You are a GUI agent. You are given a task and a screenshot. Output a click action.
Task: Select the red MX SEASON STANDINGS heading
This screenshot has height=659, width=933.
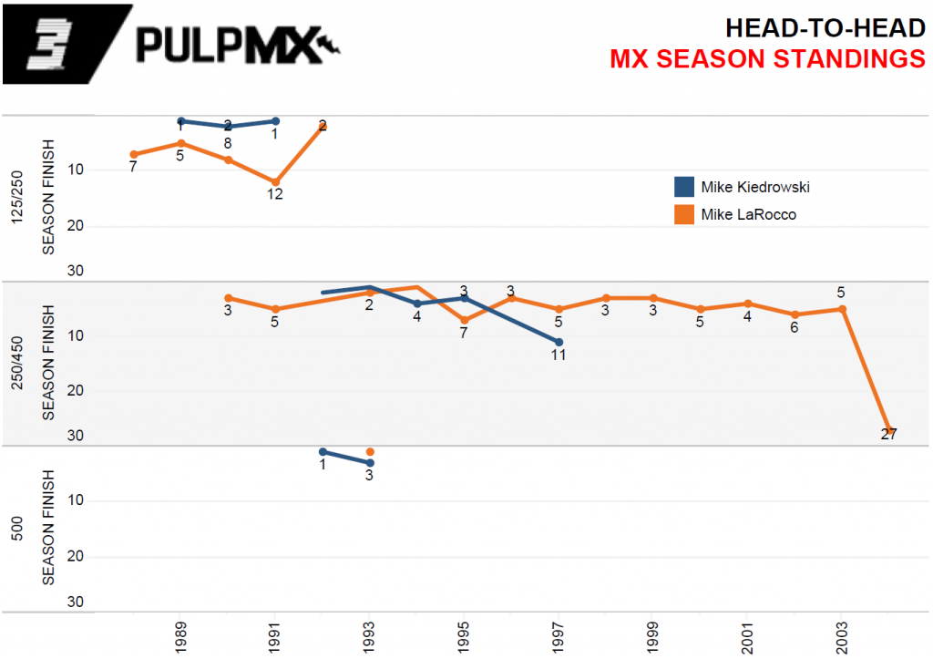tap(767, 59)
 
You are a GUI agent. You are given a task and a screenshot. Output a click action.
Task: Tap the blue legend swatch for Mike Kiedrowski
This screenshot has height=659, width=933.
tap(684, 187)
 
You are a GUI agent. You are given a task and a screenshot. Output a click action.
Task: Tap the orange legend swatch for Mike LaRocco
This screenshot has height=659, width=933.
tap(684, 214)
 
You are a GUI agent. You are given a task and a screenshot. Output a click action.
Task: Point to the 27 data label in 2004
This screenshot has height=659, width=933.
tap(889, 434)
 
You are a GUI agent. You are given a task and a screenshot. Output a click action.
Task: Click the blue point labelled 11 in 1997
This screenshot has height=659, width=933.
tap(559, 342)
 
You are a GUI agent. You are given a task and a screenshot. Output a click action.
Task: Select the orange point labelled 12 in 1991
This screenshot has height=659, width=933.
tap(275, 181)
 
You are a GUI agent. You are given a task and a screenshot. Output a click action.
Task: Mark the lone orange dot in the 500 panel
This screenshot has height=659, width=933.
tap(370, 451)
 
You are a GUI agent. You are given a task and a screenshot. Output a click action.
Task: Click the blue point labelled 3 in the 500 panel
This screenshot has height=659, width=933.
tap(370, 463)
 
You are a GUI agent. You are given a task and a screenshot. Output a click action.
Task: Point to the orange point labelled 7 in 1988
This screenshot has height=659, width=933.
tap(133, 154)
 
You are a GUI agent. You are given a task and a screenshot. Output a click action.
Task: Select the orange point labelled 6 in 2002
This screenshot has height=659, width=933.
tap(795, 314)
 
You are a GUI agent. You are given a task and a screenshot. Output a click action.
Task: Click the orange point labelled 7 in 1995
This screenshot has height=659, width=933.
tap(464, 320)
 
